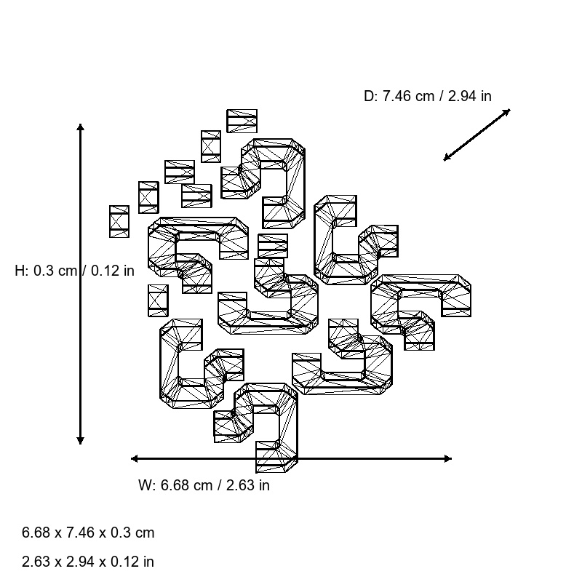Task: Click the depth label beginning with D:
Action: (x=427, y=96)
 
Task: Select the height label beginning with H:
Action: (x=74, y=271)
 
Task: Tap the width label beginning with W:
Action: (x=203, y=485)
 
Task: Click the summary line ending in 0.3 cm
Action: (x=88, y=533)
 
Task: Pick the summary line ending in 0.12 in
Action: (x=88, y=562)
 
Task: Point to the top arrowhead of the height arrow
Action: (x=80, y=127)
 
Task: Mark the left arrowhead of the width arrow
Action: (x=135, y=458)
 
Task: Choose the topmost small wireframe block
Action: (x=242, y=121)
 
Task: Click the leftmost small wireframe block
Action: (x=119, y=221)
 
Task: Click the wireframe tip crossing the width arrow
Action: (x=276, y=458)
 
